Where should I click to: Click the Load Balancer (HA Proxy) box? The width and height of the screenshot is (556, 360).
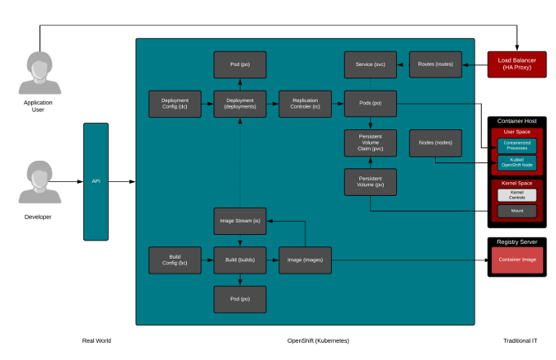coord(516,64)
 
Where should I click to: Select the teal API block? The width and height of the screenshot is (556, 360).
coord(96,180)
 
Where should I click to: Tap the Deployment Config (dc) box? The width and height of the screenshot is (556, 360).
coord(175,103)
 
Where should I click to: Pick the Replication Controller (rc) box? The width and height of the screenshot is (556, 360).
coord(304,103)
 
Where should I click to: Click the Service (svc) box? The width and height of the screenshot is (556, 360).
coord(370,64)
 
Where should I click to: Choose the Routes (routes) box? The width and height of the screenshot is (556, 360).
coord(436,64)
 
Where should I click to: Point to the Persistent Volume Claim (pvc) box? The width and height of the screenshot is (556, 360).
coord(370,143)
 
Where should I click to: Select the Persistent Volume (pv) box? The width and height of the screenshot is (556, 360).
coord(370,182)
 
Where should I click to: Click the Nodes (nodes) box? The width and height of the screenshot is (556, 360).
coord(436,143)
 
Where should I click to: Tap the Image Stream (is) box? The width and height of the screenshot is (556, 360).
coord(240,221)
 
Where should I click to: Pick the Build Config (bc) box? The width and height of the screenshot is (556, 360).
coord(175,259)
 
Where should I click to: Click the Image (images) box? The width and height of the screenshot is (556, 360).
coord(304,259)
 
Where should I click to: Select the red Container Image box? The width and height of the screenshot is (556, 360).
coord(516,260)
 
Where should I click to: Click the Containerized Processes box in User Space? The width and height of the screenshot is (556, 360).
coord(516,145)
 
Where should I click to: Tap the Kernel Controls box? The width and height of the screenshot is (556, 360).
coord(516,195)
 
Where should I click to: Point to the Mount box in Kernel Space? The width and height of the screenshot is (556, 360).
coord(516,211)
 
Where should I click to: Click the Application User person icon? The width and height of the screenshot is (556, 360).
coord(40,73)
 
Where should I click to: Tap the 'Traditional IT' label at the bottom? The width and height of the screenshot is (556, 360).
coord(521,340)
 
